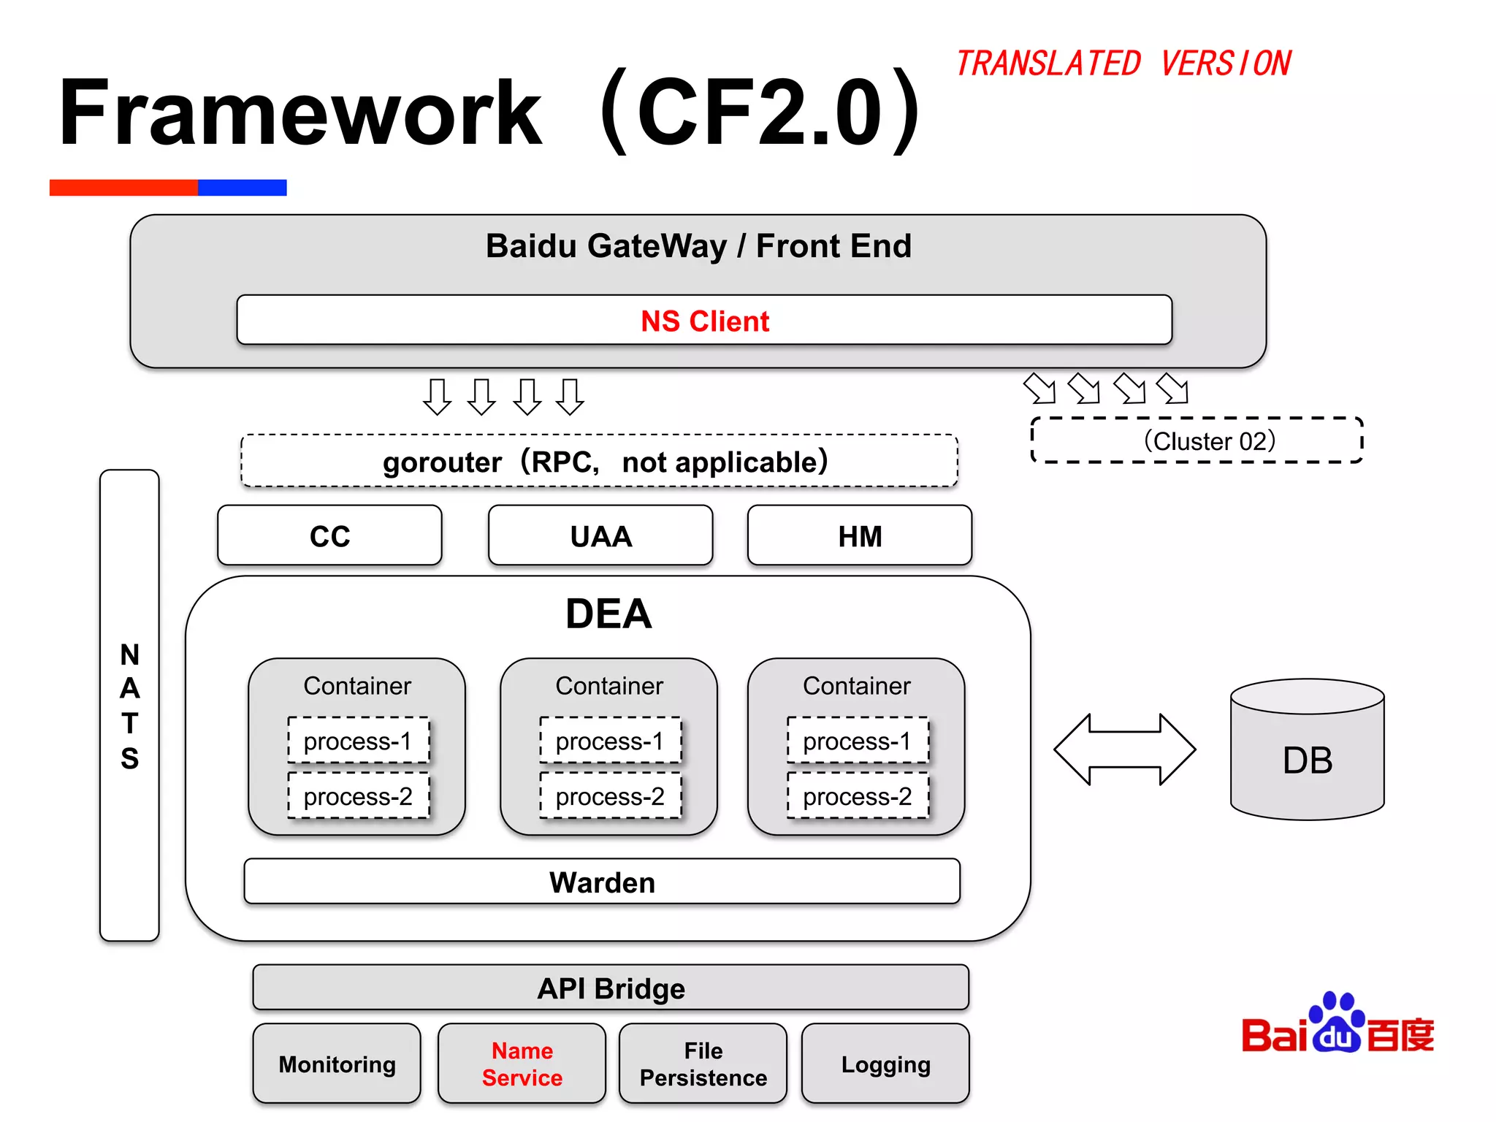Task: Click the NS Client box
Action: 704,320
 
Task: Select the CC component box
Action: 329,535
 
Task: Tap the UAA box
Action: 600,535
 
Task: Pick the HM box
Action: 860,535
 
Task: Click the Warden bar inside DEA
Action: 602,882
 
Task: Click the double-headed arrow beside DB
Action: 1125,749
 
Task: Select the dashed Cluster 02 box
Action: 1197,440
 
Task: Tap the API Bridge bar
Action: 611,988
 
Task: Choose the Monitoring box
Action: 337,1064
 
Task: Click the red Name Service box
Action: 522,1064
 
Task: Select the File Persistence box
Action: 703,1064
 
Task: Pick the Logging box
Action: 885,1064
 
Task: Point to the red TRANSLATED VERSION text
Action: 1123,64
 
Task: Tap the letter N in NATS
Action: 129,654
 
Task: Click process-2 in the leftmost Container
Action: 358,795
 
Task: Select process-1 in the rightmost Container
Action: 857,741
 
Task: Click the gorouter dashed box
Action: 599,461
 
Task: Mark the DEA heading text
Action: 608,613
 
